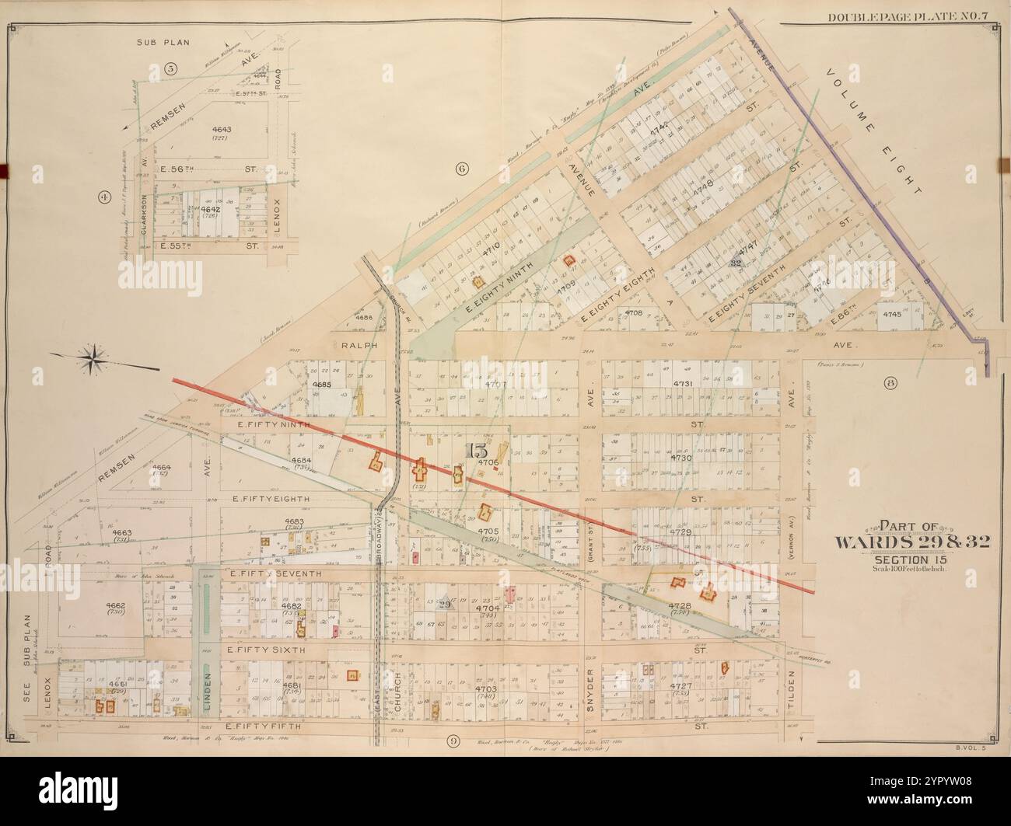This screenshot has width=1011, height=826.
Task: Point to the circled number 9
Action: pos(452,741)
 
